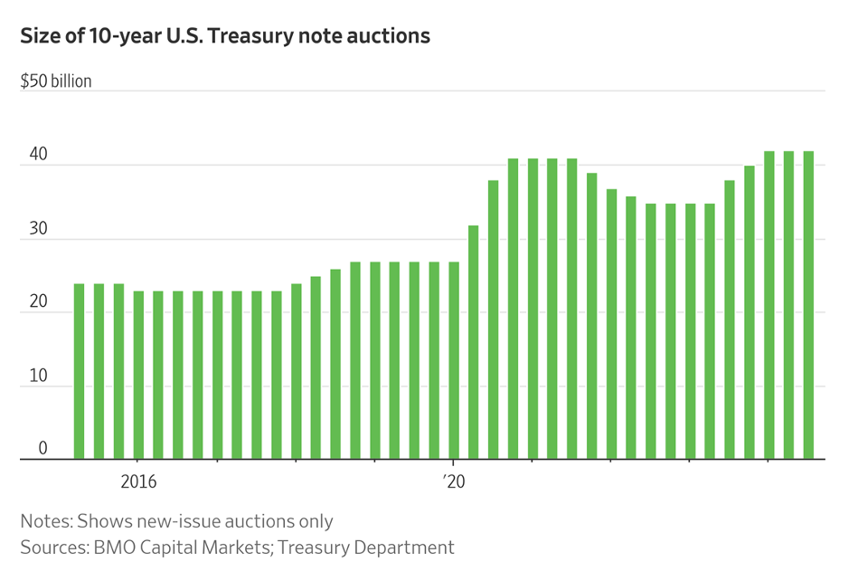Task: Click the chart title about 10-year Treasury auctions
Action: (x=225, y=36)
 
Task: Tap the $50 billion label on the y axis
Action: (x=56, y=81)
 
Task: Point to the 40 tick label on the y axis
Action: (x=37, y=156)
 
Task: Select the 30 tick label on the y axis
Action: (x=37, y=230)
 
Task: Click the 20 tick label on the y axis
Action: (x=37, y=303)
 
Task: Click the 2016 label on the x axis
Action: (x=137, y=481)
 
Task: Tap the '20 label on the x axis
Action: (x=454, y=481)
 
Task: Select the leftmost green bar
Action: (x=79, y=371)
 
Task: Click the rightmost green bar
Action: (x=808, y=305)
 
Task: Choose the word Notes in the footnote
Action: (x=44, y=521)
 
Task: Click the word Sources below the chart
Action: (x=53, y=548)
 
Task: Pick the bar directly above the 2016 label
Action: (x=138, y=375)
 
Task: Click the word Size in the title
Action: (x=39, y=36)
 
